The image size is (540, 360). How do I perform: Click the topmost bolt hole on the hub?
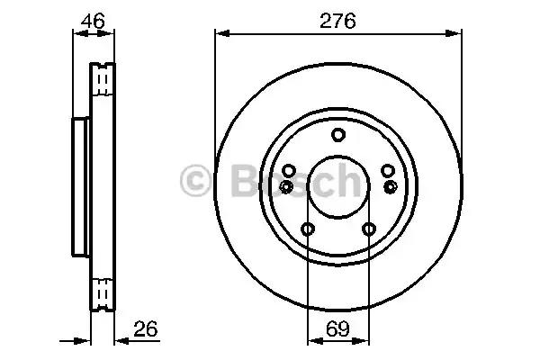pos(337,136)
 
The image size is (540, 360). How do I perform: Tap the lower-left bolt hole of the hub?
pos(308,229)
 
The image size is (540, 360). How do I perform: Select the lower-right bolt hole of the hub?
pos(368,229)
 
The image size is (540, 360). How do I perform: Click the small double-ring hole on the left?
pos(286,186)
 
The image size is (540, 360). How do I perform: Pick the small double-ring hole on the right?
pos(390,186)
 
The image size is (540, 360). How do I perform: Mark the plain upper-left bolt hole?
pos(289,171)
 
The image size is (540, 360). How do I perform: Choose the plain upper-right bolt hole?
pos(387,171)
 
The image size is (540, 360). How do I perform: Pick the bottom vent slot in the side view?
pos(103,293)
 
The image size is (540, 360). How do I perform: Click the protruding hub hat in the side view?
pos(78,186)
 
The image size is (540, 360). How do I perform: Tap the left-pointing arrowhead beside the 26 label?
pos(121,341)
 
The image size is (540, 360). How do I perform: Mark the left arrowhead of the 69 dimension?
pos(312,341)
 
